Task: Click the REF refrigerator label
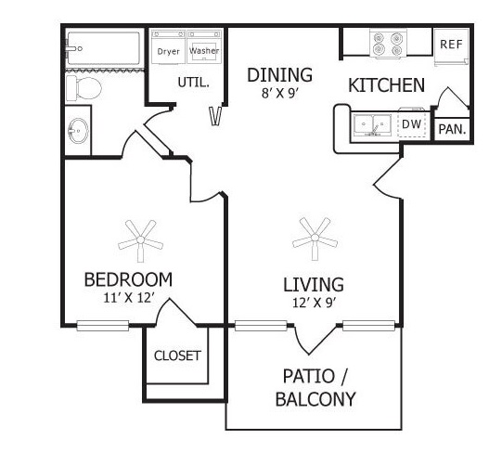click(451, 44)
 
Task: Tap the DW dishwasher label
click(411, 124)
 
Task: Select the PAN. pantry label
click(452, 129)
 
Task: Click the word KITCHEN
click(386, 85)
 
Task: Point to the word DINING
click(279, 75)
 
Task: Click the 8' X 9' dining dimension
click(280, 93)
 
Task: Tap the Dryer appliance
click(168, 46)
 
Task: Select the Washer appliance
click(204, 46)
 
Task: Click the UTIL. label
click(193, 83)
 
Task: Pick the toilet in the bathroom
click(84, 88)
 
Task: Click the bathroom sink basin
click(78, 131)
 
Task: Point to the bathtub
click(103, 48)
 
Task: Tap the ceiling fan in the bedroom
click(140, 240)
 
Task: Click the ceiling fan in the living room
click(315, 239)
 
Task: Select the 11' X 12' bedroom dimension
click(129, 298)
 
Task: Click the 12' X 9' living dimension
click(314, 303)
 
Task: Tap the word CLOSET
click(177, 355)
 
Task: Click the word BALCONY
click(315, 399)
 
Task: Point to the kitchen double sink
click(372, 125)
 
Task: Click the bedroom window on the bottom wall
click(103, 326)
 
